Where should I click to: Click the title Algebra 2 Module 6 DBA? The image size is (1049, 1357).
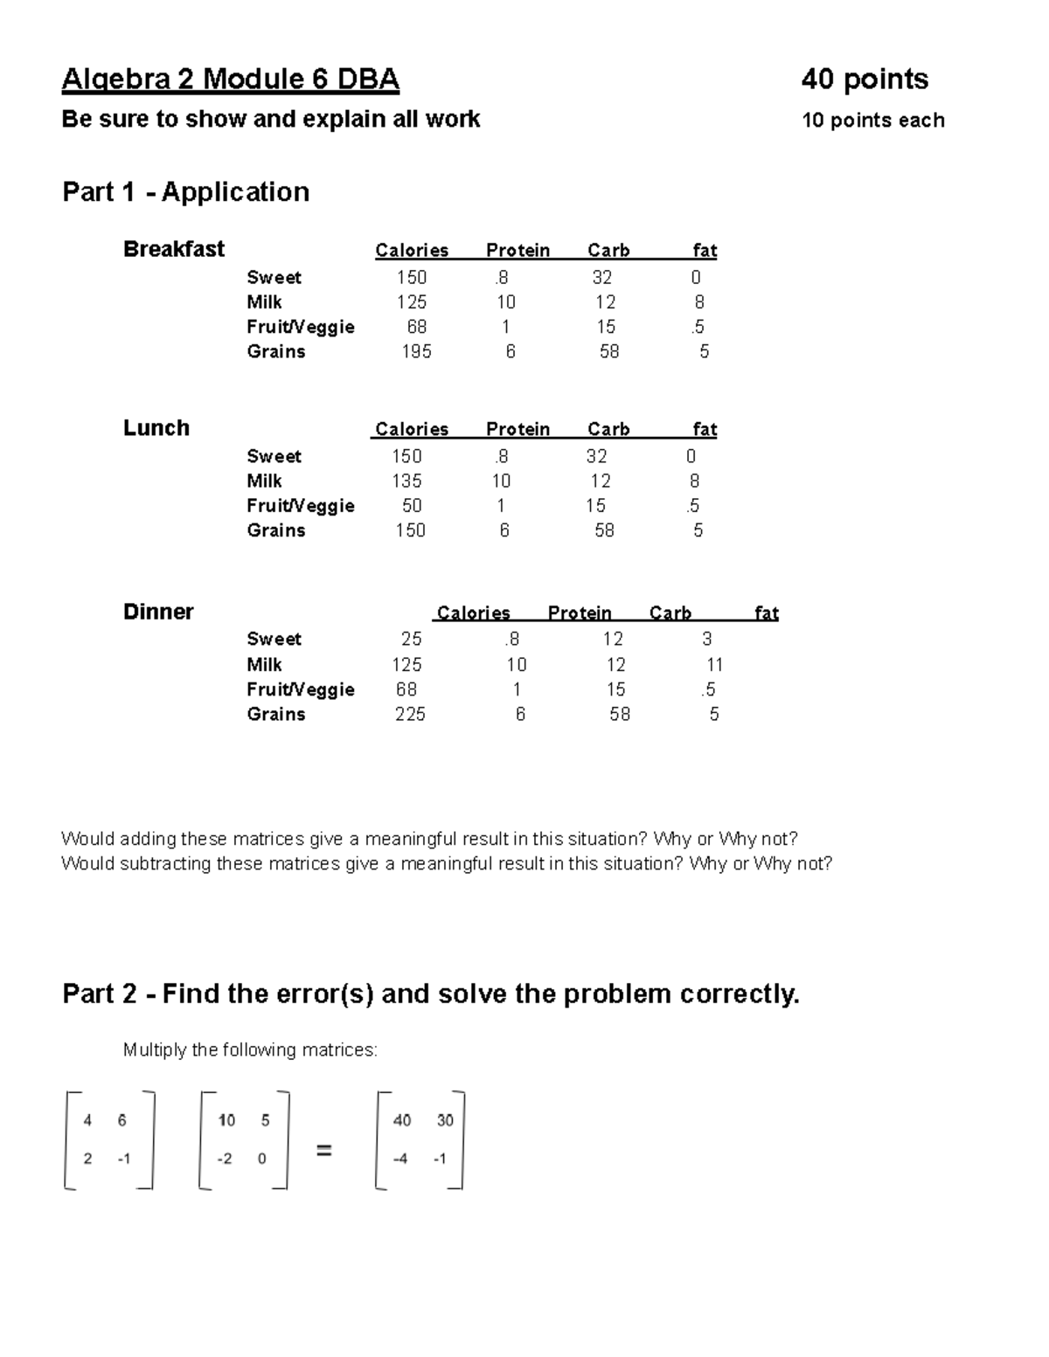[x=230, y=80]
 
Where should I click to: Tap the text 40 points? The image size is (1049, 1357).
[x=865, y=80]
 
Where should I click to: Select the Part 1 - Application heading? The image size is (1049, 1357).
[x=185, y=191]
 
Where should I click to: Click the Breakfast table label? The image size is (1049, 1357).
[x=173, y=249]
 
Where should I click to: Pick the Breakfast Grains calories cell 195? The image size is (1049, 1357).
[x=416, y=351]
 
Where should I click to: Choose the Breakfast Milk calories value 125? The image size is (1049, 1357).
[x=411, y=302]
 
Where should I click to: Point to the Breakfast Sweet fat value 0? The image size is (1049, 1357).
[x=696, y=278]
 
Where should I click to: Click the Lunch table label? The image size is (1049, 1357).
[x=156, y=428]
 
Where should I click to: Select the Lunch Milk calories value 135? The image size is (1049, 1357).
[x=406, y=481]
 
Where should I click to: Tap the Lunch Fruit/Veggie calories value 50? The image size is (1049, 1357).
[x=411, y=506]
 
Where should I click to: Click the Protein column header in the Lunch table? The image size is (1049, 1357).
[x=518, y=429]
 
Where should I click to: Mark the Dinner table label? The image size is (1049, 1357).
[x=158, y=612]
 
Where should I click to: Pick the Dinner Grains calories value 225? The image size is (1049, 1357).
[x=410, y=715]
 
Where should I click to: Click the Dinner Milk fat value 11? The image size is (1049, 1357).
[x=714, y=665]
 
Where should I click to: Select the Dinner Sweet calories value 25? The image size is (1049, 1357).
[x=411, y=640]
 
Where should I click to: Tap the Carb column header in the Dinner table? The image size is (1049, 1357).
[x=670, y=613]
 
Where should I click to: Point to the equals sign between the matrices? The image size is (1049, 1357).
[x=323, y=1152]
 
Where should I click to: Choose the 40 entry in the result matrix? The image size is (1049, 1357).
[x=401, y=1120]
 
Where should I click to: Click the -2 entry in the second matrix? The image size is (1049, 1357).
[x=225, y=1159]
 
